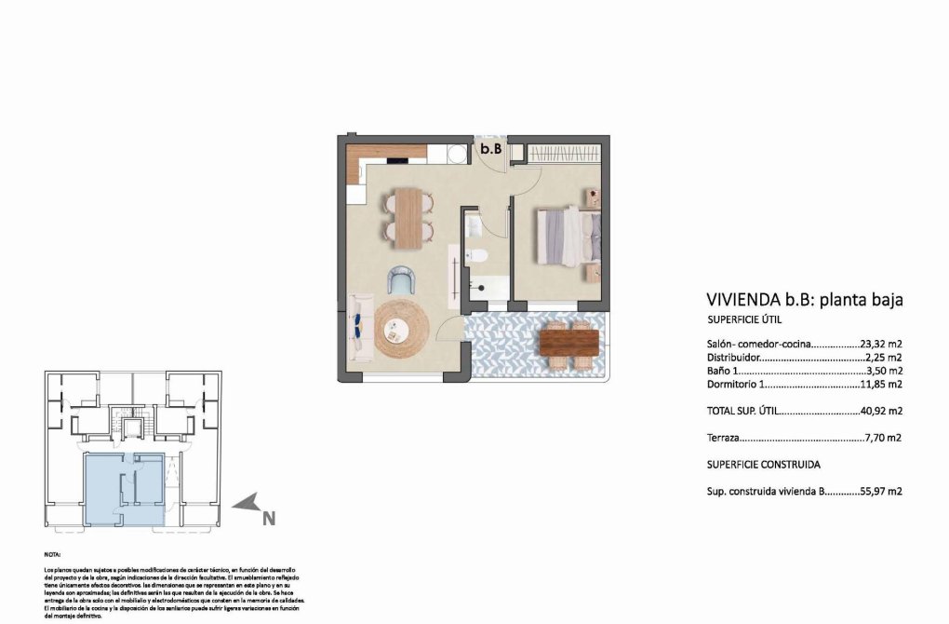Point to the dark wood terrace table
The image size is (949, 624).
click(x=568, y=343)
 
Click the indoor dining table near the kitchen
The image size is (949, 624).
click(x=408, y=217)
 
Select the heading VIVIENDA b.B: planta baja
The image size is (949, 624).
click(x=805, y=300)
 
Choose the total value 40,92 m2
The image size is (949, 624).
click(x=880, y=410)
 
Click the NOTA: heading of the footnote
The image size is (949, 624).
click(x=53, y=553)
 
